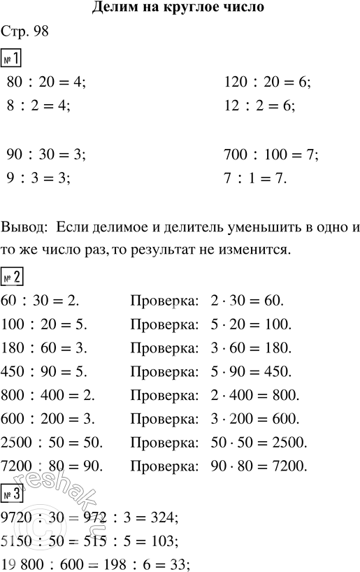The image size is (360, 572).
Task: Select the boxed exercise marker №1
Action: click(13, 58)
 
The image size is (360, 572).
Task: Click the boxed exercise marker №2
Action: click(13, 258)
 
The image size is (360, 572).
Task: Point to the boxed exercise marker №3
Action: click(13, 499)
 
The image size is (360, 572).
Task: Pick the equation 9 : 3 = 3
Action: click(38, 178)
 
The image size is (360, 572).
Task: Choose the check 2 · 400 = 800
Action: click(254, 373)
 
